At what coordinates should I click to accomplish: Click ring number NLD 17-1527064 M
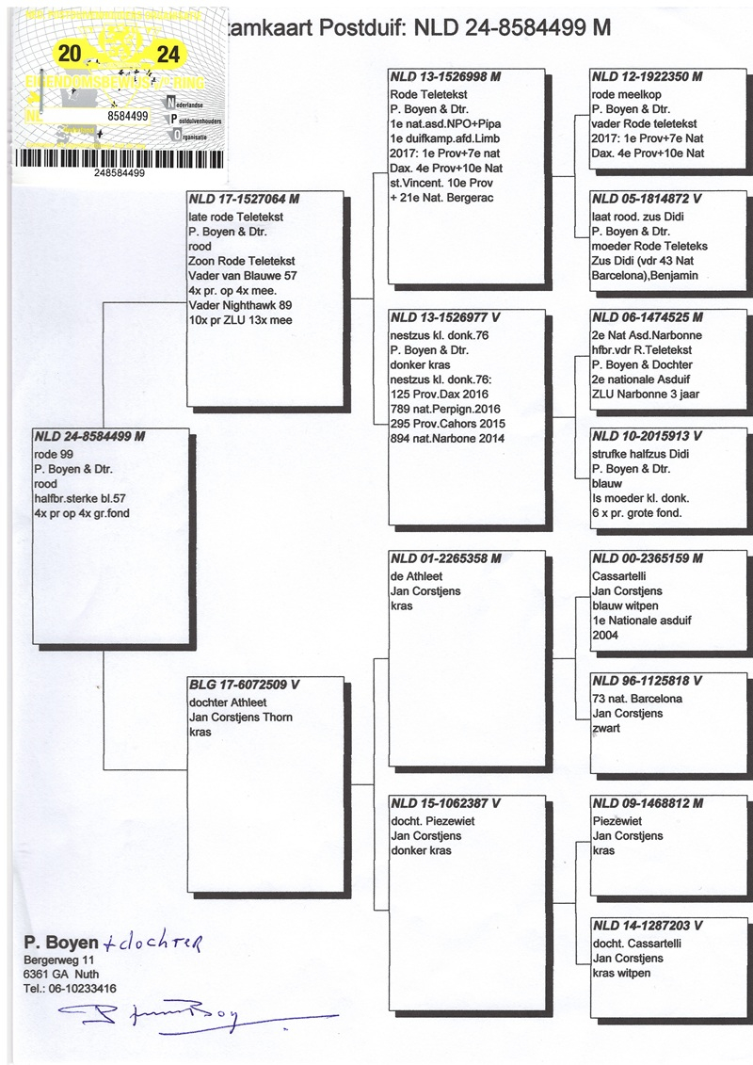[244, 200]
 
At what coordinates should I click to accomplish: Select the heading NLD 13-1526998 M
[445, 77]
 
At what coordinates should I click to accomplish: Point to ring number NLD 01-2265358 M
[446, 558]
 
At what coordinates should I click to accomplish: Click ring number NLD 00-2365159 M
[648, 558]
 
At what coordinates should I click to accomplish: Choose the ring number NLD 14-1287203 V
[648, 926]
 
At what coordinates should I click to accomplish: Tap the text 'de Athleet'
[417, 574]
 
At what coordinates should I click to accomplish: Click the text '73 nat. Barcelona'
[637, 699]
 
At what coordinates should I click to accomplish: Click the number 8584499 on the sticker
[129, 116]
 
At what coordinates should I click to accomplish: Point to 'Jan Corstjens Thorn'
[240, 718]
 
